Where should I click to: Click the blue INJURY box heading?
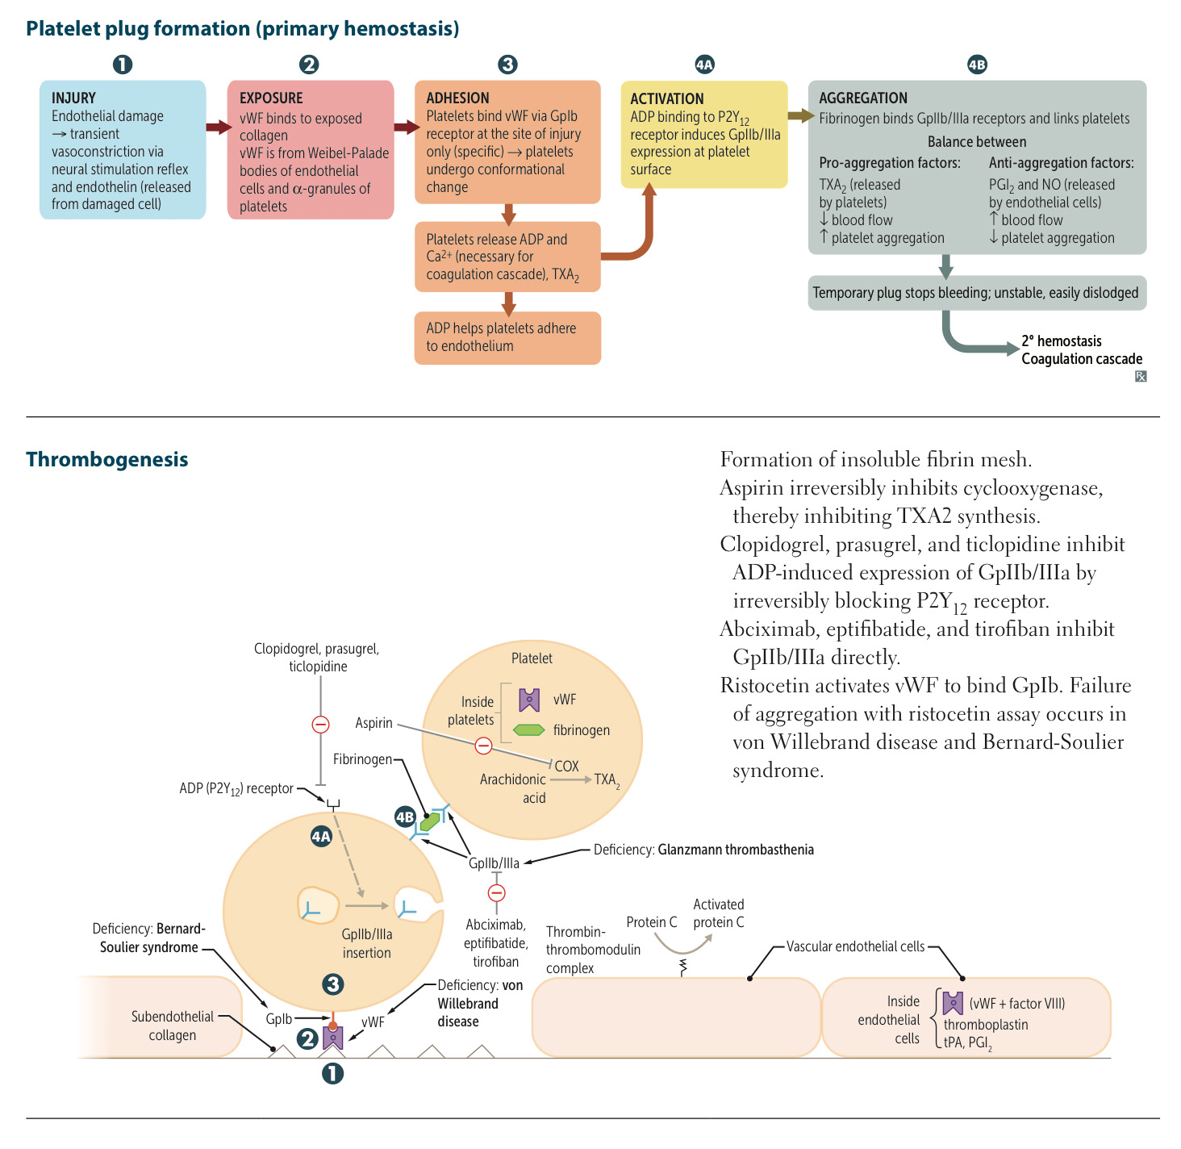click(x=73, y=98)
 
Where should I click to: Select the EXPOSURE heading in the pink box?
click(x=271, y=98)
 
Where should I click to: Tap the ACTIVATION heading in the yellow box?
click(x=666, y=98)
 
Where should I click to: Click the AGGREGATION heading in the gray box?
click(x=862, y=98)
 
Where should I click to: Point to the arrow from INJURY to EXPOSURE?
click(x=217, y=127)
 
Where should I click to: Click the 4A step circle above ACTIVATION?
click(x=704, y=65)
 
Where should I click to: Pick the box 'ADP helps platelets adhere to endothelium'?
click(x=507, y=337)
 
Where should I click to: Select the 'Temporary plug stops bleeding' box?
click(x=976, y=293)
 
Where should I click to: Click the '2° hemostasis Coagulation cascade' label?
click(x=1081, y=350)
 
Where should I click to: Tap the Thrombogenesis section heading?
click(x=107, y=459)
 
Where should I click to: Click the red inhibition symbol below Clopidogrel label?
click(x=320, y=725)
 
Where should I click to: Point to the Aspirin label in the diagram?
click(x=373, y=723)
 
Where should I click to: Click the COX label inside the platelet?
click(x=566, y=766)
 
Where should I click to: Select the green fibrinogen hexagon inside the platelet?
click(x=529, y=730)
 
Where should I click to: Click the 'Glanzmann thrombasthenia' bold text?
click(x=736, y=850)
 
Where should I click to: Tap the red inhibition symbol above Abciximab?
click(x=497, y=893)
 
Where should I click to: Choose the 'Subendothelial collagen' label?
click(x=173, y=1026)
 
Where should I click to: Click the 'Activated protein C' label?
click(x=719, y=913)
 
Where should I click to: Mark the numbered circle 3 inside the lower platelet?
click(x=332, y=984)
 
